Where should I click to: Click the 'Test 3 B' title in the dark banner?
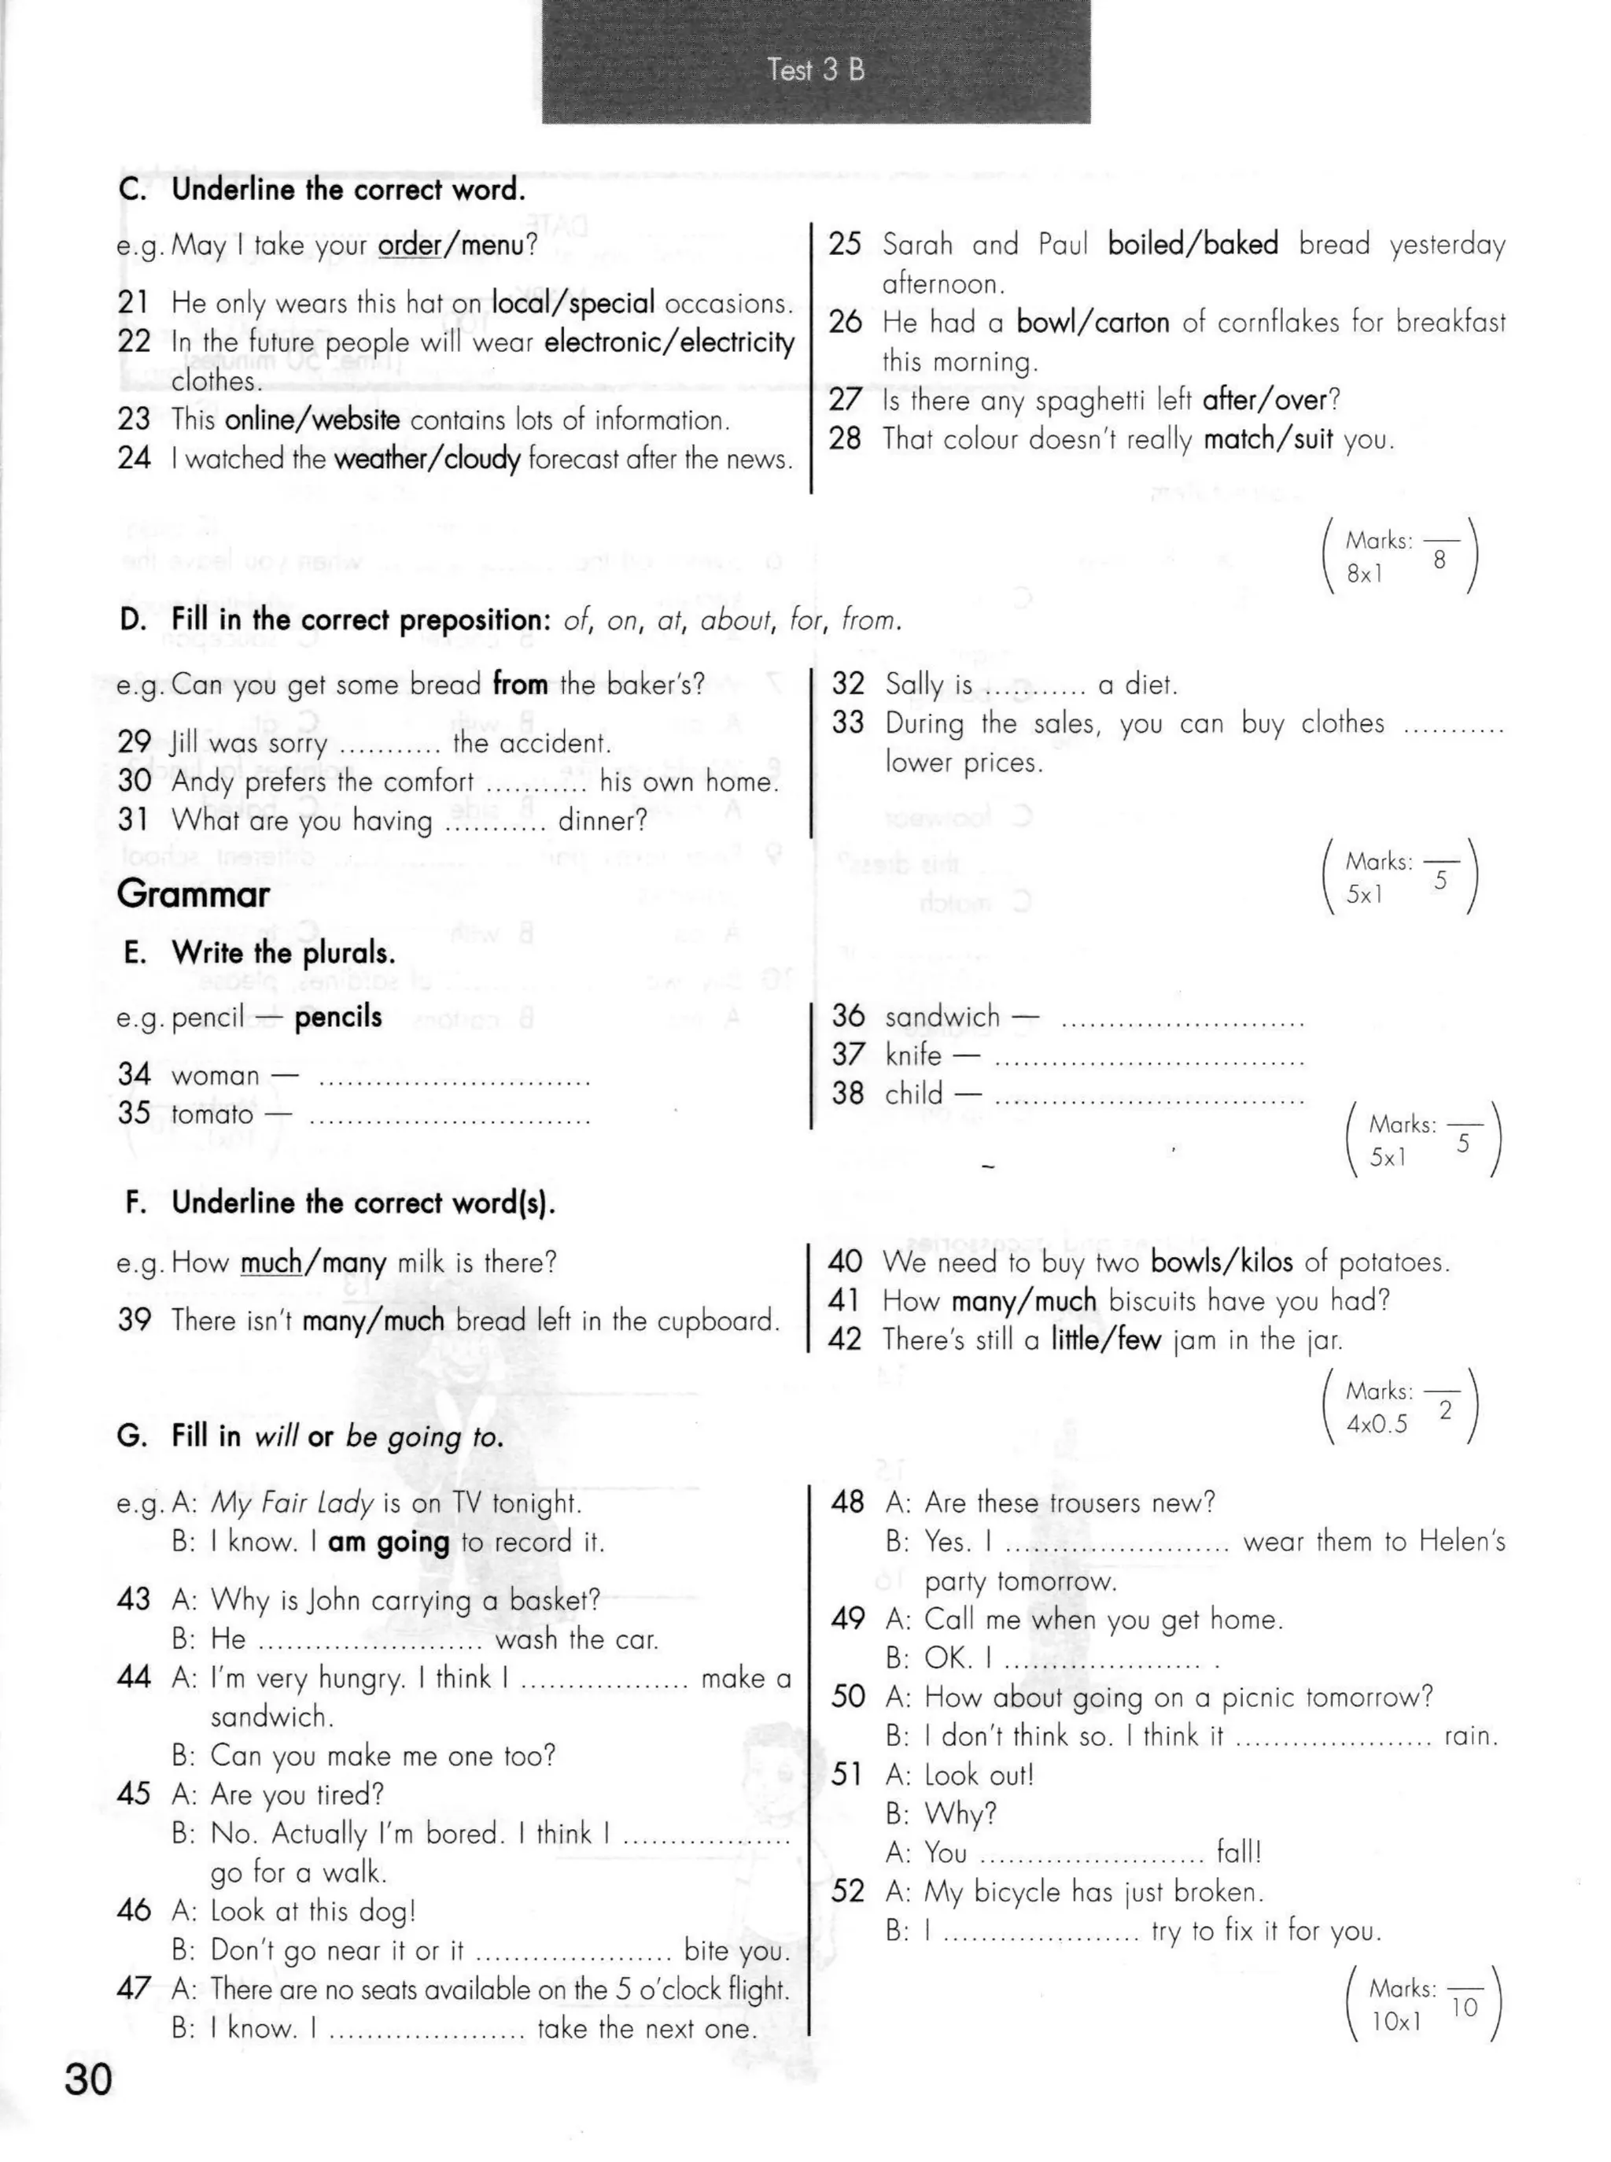pos(815,70)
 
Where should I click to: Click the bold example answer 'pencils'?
pos(338,1017)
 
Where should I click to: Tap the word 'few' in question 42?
pos(1139,1340)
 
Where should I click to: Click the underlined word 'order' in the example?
pos(408,245)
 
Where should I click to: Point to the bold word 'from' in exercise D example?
pos(520,685)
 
